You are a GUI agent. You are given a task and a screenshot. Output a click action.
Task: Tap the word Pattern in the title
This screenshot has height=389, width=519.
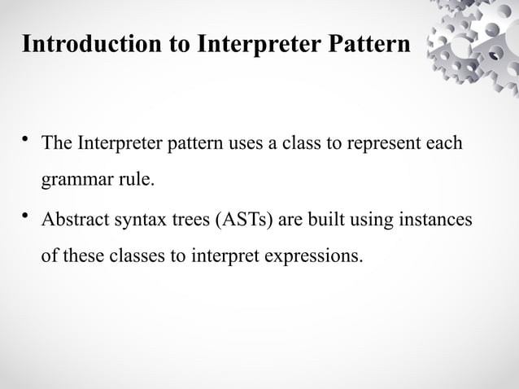[x=365, y=43]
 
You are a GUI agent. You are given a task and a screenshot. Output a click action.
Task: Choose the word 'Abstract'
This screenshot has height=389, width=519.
[x=72, y=221]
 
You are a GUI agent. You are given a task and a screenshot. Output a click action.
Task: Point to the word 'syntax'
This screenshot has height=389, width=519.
[x=129, y=221]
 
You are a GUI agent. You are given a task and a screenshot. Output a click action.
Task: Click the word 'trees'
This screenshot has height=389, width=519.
[x=181, y=221]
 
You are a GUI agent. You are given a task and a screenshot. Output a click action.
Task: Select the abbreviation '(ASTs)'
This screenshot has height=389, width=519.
[x=235, y=221]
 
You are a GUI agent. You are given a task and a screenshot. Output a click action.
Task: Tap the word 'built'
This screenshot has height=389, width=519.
[x=321, y=221]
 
